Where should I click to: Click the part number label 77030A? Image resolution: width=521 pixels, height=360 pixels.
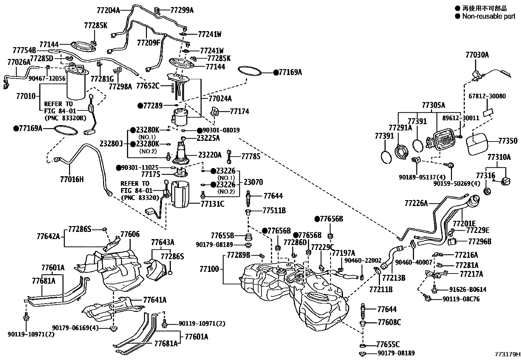tap(477, 55)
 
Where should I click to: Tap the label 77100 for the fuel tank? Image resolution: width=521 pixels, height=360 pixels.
tap(209, 269)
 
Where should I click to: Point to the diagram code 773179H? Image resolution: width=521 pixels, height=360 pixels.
tap(507, 354)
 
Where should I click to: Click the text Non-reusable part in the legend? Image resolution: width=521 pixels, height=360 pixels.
tap(488, 16)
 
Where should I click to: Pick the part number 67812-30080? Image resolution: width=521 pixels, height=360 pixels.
tap(487, 96)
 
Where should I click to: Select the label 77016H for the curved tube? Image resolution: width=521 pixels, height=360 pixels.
tap(72, 179)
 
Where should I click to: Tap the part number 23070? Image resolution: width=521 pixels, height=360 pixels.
tap(253, 182)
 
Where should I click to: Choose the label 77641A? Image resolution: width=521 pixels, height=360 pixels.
tap(154, 299)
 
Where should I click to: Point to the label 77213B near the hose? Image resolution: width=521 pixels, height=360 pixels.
tap(394, 278)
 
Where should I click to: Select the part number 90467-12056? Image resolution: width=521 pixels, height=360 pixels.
tap(47, 78)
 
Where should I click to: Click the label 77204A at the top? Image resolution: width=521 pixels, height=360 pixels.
tap(108, 10)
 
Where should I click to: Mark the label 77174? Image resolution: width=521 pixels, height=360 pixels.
tap(239, 111)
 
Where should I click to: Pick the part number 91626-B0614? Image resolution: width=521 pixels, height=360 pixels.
tap(468, 289)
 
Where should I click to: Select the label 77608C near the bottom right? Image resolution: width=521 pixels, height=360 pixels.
tap(389, 322)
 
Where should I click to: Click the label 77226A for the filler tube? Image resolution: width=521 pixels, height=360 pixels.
tap(416, 203)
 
